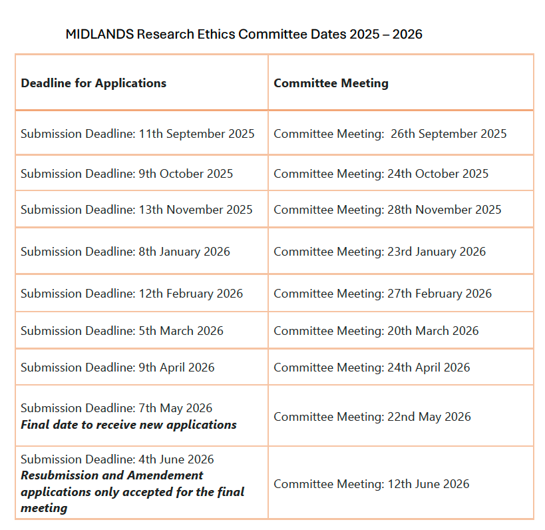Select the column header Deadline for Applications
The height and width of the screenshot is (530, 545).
pyautogui.click(x=94, y=83)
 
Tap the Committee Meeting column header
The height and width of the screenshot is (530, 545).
pyautogui.click(x=331, y=83)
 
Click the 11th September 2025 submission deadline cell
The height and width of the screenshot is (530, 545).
pyautogui.click(x=138, y=134)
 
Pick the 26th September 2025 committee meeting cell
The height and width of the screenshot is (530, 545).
pyautogui.click(x=390, y=134)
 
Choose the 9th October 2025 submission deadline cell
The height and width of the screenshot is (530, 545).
pyautogui.click(x=127, y=174)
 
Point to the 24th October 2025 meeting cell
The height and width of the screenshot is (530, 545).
pyautogui.click(x=381, y=174)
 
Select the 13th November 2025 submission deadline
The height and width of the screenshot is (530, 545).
pyautogui.click(x=136, y=210)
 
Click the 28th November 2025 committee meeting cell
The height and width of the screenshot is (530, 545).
pyautogui.click(x=387, y=210)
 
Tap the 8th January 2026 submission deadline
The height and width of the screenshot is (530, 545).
pyautogui.click(x=125, y=252)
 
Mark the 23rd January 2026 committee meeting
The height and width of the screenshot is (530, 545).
pyautogui.click(x=379, y=252)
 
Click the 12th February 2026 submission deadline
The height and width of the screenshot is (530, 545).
pyautogui.click(x=132, y=294)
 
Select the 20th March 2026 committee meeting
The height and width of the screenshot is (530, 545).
pyautogui.click(x=376, y=331)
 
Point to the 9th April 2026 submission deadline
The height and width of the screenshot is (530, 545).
pyautogui.click(x=118, y=368)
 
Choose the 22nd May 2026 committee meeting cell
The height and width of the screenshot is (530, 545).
pyautogui.click(x=372, y=417)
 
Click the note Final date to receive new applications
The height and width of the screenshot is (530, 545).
pyautogui.click(x=128, y=425)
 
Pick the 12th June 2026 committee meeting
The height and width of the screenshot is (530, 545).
pyautogui.click(x=371, y=484)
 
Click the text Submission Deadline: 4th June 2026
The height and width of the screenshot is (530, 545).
pyautogui.click(x=117, y=459)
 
